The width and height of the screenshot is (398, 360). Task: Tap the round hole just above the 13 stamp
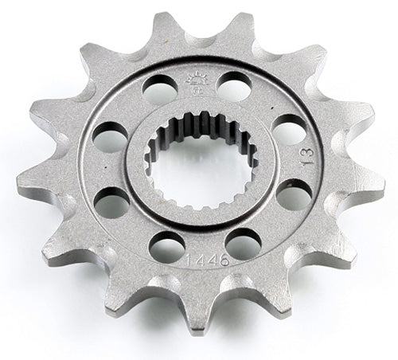[289, 127]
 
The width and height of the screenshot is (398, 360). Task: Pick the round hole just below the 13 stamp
[292, 193]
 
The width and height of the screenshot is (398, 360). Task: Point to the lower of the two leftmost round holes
[112, 205]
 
